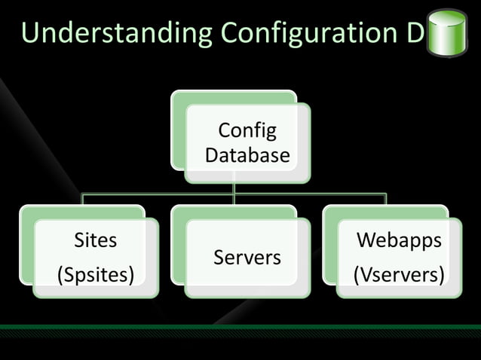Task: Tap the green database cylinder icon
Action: pos(447,33)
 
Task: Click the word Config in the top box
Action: pos(247,131)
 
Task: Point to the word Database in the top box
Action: pos(247,155)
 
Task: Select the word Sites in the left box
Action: pos(95,241)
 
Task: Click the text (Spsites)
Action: pos(95,275)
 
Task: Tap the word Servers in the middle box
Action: pos(247,258)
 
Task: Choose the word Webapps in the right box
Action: pos(399,241)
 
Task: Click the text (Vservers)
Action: pos(399,275)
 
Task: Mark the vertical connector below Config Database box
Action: pos(234,188)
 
